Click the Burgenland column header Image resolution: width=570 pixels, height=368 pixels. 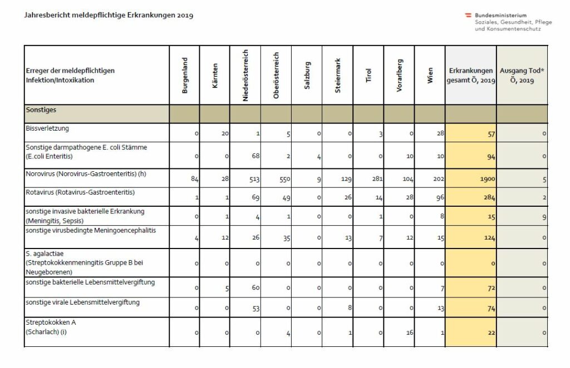(185, 76)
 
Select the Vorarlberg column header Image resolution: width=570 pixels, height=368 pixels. (399, 76)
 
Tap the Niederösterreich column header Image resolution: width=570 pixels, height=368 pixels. (245, 76)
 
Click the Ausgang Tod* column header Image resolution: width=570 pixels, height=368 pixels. (522, 76)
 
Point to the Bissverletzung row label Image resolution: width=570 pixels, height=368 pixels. (47, 128)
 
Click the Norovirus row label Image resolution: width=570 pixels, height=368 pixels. (86, 174)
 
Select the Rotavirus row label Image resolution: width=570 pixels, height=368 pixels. (80, 192)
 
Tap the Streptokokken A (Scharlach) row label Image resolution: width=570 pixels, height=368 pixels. (51, 327)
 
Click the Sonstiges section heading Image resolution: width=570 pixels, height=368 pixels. (41, 110)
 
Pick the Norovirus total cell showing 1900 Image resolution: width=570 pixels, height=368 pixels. (488, 179)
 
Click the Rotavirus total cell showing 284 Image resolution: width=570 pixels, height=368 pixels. (489, 197)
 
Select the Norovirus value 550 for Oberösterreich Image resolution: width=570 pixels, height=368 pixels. (284, 179)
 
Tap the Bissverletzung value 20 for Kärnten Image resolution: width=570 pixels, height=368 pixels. (225, 133)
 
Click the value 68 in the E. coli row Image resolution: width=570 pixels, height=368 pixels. (255, 156)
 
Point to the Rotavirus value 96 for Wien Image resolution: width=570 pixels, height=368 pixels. (440, 197)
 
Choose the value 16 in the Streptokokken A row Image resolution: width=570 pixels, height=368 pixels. (410, 332)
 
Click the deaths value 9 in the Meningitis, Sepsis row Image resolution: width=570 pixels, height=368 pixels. (544, 217)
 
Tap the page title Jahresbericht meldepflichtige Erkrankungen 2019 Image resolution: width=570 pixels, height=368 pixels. (109, 15)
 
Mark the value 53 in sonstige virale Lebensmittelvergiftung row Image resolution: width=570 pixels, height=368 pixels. (255, 308)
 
